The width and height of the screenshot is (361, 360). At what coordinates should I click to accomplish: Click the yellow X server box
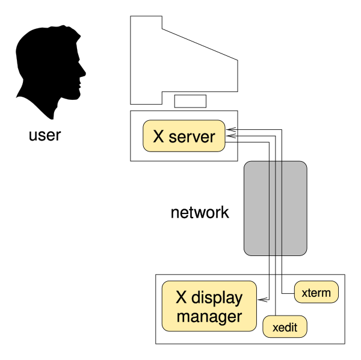[183, 136]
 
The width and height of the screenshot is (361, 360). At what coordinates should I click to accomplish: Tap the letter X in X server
[159, 136]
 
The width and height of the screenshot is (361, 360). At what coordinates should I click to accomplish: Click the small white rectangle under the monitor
[190, 101]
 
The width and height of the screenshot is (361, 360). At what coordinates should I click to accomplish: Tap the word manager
[209, 317]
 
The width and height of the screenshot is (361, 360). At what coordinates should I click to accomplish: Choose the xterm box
[316, 293]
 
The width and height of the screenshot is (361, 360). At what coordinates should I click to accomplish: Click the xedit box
[285, 328]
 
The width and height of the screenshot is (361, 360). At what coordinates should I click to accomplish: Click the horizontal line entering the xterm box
[288, 293]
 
